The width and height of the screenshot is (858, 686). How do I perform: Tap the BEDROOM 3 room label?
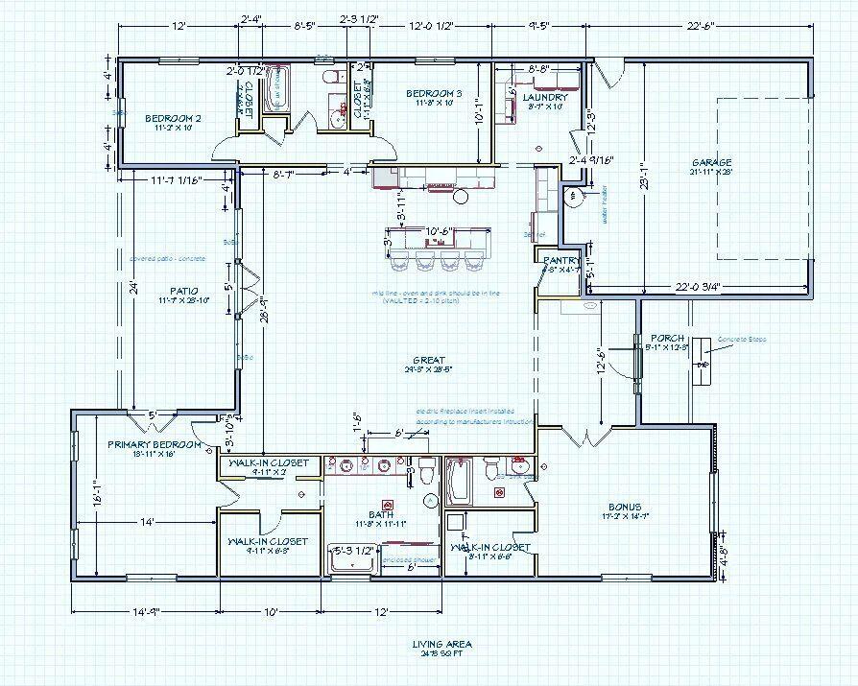[433, 93]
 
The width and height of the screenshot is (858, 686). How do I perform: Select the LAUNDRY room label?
[546, 97]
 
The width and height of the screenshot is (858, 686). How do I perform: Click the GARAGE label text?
[710, 162]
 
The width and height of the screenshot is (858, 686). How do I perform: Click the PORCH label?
[666, 338]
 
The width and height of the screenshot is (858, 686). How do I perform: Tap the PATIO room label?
[183, 290]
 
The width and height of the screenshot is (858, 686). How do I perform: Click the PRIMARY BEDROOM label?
[155, 444]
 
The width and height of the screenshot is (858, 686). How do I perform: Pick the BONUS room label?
[624, 507]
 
